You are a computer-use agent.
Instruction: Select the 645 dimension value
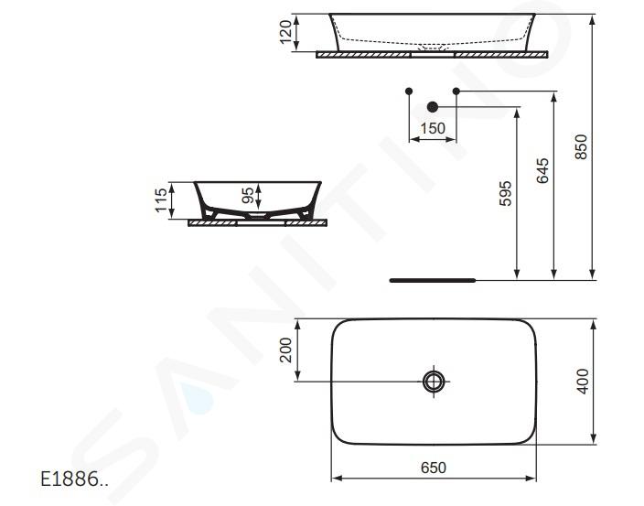click(542, 170)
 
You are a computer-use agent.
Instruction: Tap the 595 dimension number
click(505, 193)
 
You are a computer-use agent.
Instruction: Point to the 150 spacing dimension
click(433, 128)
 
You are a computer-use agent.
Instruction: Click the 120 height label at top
click(285, 32)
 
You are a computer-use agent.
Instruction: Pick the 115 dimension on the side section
click(161, 200)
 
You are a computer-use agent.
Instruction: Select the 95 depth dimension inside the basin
click(248, 196)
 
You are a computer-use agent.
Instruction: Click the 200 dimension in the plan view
click(285, 350)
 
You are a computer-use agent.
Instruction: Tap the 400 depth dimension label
click(583, 382)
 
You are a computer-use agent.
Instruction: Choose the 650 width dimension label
click(434, 468)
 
